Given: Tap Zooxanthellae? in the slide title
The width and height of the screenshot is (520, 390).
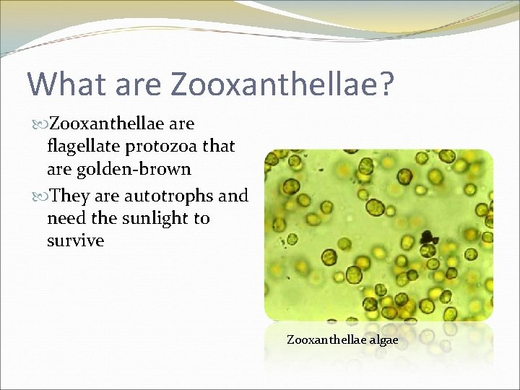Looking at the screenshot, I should (x=283, y=84).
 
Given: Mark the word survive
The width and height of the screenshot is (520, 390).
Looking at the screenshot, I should (x=75, y=240).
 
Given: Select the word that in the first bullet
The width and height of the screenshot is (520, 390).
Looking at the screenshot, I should (x=219, y=146).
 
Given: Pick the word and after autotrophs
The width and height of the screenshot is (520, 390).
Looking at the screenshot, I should (x=233, y=196).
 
